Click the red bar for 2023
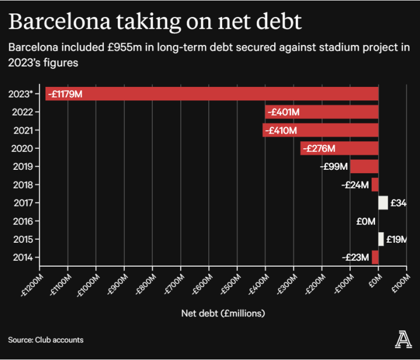coord(233,93)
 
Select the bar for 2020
coord(339,148)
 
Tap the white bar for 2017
coord(383,202)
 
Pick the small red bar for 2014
coord(375,257)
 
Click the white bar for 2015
coord(381,239)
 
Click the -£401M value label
coord(283,112)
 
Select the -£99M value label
coord(334,166)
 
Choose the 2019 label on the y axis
coord(23,166)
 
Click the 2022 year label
coord(23,112)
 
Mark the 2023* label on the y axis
coord(22,93)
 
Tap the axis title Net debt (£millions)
coord(223,313)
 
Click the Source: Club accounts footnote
coord(45,340)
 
